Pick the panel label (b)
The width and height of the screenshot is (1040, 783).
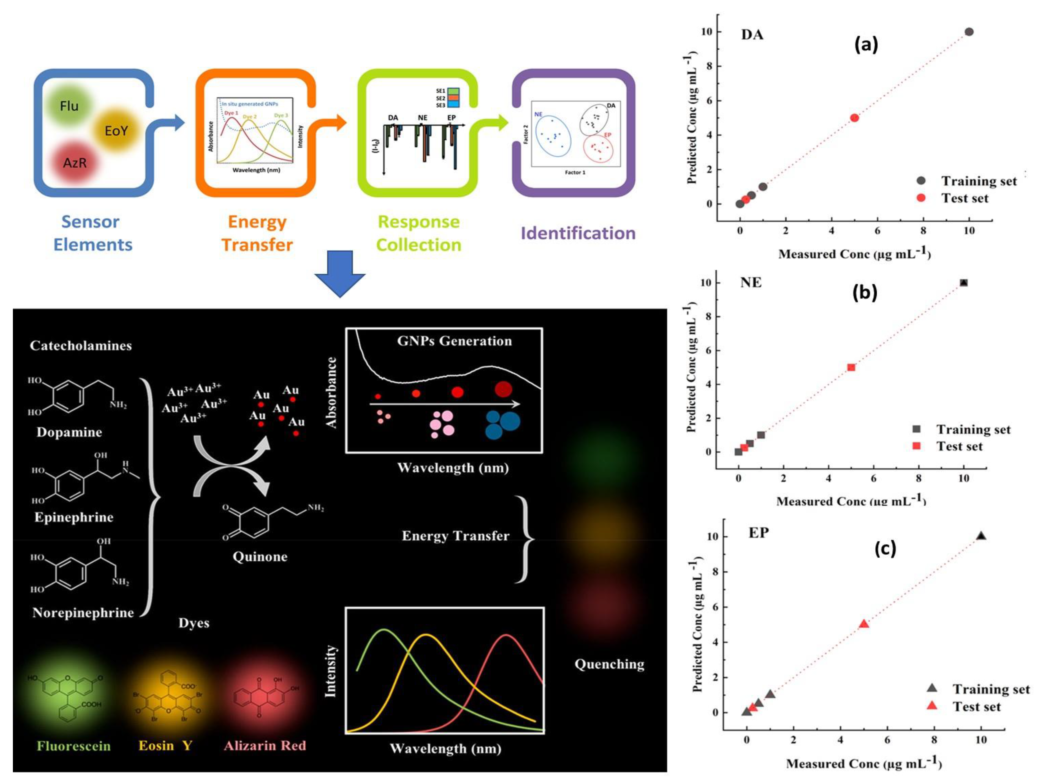865,293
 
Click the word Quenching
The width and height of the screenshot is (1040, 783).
609,664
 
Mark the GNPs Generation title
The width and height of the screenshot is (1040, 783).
454,341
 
